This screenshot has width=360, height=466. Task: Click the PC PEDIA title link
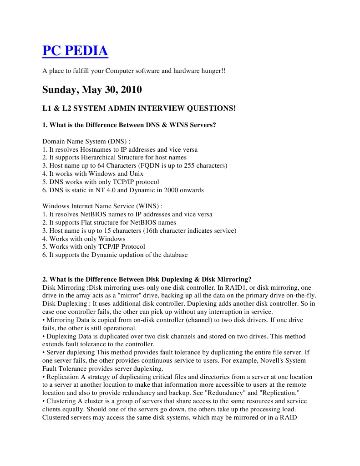75,51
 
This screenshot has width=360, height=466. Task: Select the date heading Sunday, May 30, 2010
92,89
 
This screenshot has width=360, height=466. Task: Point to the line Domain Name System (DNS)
86,141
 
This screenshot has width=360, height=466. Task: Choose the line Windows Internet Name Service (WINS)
102,206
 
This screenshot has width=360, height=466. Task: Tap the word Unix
136,174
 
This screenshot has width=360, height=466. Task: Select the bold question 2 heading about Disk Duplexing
147,279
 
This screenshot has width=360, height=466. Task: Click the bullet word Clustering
61,401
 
